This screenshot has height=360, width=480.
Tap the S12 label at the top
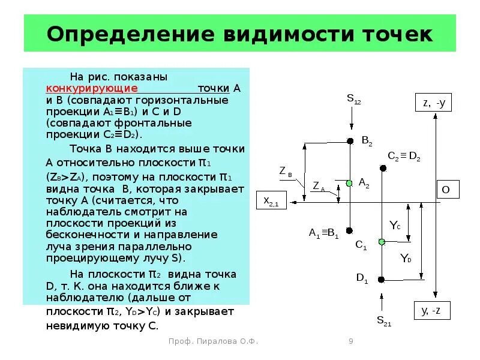click(x=353, y=99)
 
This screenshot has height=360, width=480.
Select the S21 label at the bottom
click(x=384, y=320)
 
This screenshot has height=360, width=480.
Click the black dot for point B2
click(x=350, y=142)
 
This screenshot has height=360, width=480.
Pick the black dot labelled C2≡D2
click(x=382, y=168)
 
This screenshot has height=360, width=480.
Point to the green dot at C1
click(x=382, y=242)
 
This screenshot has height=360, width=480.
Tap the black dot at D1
click(x=382, y=279)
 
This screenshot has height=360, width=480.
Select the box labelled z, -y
click(x=433, y=103)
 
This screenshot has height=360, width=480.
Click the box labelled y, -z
click(x=432, y=310)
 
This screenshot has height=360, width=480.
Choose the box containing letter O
click(x=446, y=190)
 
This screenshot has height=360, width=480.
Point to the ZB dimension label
click(x=286, y=172)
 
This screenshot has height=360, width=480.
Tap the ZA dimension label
click(x=319, y=187)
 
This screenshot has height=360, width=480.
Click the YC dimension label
click(x=394, y=226)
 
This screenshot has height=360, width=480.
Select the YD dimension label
click(x=406, y=259)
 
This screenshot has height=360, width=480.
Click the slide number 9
click(x=351, y=341)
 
